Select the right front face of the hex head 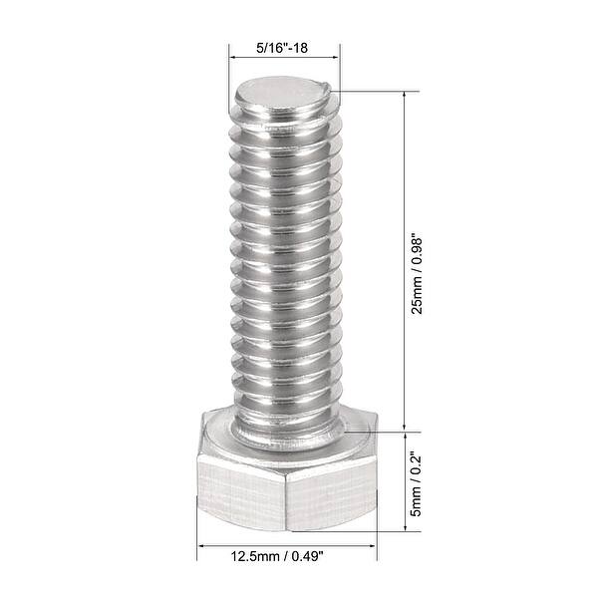pos(331,492)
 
